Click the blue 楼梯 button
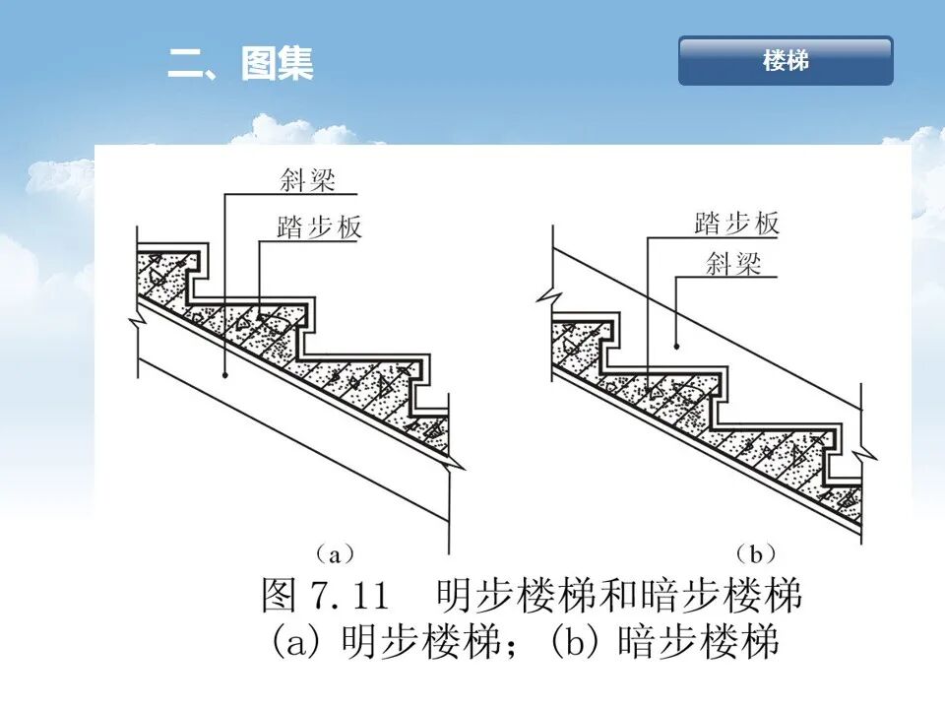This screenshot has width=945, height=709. (786, 61)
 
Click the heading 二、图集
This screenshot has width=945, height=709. (240, 64)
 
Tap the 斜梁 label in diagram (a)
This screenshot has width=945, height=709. (307, 180)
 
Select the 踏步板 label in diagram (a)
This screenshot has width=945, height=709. (320, 227)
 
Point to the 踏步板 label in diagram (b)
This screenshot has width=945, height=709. (736, 224)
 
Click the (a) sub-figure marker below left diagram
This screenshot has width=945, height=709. (334, 554)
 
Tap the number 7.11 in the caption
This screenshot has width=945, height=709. (350, 596)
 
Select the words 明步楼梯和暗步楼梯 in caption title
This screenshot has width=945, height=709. (619, 596)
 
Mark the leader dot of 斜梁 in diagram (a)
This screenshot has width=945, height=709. (224, 375)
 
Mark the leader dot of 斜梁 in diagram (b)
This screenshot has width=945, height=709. (677, 346)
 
